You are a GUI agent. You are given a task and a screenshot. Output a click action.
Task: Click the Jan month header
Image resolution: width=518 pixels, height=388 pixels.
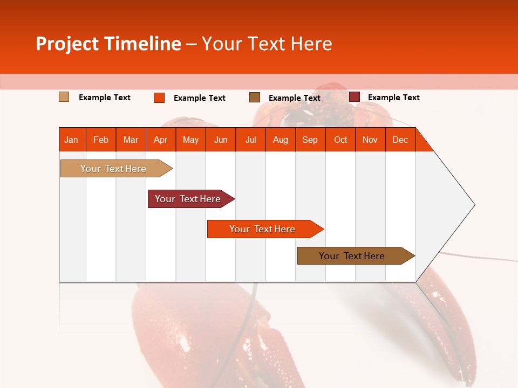[71, 140]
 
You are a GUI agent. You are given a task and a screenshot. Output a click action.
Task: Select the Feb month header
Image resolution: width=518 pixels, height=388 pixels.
[101, 140]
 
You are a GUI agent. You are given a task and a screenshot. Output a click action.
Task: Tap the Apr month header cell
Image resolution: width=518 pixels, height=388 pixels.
[160, 140]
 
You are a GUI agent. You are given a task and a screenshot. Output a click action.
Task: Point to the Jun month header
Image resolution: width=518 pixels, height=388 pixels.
[220, 140]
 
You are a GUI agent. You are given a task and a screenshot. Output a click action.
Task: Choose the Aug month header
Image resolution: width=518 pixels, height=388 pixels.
[280, 140]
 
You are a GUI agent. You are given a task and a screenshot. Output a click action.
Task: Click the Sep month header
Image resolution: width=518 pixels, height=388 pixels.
[310, 140]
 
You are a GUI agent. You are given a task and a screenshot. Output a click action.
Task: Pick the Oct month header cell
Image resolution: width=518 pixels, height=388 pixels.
[340, 140]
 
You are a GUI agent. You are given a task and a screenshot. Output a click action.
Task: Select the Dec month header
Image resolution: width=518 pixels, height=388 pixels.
[400, 140]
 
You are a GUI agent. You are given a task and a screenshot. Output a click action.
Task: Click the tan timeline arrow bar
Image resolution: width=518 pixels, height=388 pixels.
[113, 169]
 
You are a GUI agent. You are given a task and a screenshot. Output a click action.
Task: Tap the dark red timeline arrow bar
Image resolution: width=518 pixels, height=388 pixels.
[188, 199]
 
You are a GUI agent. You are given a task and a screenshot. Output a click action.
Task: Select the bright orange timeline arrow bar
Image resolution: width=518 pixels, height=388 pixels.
[262, 229]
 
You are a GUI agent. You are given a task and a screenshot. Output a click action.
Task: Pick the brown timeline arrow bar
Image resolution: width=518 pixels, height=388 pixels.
[352, 256]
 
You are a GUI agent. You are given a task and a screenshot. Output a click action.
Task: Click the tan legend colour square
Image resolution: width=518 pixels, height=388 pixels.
[64, 97]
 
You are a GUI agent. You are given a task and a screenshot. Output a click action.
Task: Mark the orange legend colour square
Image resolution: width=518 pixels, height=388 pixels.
[159, 98]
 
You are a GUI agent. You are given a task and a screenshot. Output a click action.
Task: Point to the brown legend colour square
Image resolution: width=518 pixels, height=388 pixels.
[254, 97]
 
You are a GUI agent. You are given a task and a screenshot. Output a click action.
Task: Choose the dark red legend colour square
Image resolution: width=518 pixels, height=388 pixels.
[354, 97]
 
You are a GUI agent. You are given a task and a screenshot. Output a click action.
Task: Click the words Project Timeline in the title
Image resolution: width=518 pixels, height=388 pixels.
[108, 44]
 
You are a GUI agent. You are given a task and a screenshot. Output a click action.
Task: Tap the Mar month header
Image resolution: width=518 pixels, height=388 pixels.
[131, 140]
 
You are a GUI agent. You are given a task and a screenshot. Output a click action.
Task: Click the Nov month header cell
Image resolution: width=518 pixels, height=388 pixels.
[370, 140]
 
